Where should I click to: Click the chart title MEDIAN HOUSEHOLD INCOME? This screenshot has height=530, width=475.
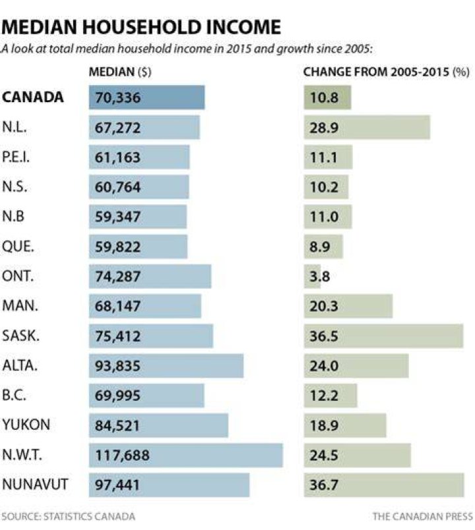[x=141, y=27]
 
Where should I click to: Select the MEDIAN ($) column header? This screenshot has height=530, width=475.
[x=120, y=72]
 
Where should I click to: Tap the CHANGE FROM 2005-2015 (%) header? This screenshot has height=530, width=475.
[x=386, y=72]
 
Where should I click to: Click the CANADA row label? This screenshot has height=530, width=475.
[x=33, y=98]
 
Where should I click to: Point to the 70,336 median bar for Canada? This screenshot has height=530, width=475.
[x=147, y=98]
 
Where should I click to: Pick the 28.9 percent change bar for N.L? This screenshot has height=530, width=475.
[x=367, y=127]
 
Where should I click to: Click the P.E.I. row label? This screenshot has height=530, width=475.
[x=16, y=157]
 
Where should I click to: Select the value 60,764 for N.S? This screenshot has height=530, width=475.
[x=117, y=187]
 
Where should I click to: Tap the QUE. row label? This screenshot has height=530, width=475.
[x=18, y=247]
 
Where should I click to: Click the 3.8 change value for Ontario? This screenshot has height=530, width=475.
[x=319, y=276]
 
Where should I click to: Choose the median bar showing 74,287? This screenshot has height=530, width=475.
[x=150, y=276]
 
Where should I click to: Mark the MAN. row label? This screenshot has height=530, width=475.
[x=20, y=306]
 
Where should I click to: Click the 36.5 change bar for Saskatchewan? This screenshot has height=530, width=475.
[x=383, y=336]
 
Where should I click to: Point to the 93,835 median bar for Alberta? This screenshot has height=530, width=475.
[x=166, y=366]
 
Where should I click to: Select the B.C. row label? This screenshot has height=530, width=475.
[x=14, y=395]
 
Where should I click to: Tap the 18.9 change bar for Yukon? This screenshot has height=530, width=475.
[x=345, y=425]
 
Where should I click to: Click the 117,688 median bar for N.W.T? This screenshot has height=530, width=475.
[x=186, y=455]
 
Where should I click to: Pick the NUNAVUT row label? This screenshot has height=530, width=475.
[x=35, y=485]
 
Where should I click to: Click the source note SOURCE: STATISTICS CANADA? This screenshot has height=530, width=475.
[x=69, y=516]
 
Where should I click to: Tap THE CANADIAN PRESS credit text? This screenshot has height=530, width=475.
[x=423, y=516]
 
